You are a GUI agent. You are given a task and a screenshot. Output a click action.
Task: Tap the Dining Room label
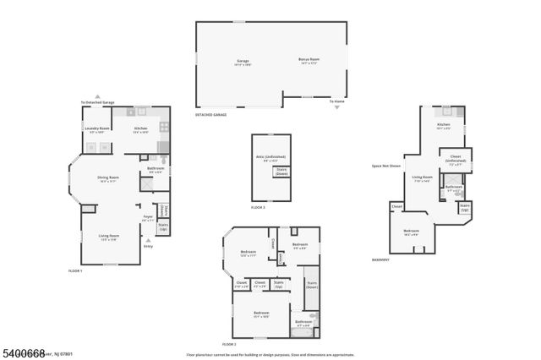[x=108, y=178]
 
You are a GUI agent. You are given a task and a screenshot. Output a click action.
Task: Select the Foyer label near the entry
[x=148, y=218]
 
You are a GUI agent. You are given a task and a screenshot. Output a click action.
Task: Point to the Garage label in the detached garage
[x=243, y=61]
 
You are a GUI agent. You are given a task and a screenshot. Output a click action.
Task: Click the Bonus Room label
[x=309, y=61]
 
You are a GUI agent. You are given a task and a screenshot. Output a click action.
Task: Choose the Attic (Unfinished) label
[x=270, y=158]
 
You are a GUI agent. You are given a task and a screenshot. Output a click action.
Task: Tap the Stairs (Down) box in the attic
[x=281, y=172]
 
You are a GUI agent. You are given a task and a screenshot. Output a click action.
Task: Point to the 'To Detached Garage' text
[x=97, y=102]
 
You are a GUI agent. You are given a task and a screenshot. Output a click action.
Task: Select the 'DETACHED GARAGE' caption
[x=211, y=114]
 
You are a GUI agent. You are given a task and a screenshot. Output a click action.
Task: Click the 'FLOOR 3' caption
[x=259, y=207]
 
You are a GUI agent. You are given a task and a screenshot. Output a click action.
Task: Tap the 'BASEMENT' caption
[x=381, y=259]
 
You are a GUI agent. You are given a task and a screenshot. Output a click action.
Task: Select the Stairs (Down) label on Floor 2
[x=311, y=285]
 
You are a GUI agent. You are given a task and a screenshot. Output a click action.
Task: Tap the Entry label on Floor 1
[x=148, y=246]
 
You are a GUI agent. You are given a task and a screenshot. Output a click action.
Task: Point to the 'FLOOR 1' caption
[x=75, y=270]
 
